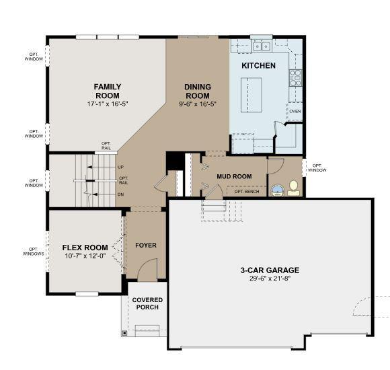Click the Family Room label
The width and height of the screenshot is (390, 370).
coord(108,91)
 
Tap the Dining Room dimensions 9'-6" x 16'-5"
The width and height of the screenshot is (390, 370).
coord(198,104)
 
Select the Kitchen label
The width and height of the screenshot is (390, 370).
coord(258,65)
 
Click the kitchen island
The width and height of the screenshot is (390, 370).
coord(251,95)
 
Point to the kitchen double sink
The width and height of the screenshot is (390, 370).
coord(262,46)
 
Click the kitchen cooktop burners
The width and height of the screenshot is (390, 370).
coord(295,78)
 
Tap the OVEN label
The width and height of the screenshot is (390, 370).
coord(295,111)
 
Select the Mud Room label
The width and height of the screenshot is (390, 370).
coord(234,176)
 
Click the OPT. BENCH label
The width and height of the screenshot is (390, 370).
coord(247,191)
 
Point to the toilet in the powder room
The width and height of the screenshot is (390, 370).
coord(294,188)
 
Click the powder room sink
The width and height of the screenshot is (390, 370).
coord(277,190)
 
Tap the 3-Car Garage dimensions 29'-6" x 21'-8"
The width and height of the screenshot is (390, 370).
coord(270,279)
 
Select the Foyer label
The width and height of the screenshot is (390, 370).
coord(146,246)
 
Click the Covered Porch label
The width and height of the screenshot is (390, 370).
coord(147,303)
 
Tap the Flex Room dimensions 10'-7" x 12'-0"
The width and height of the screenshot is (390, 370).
coord(85,256)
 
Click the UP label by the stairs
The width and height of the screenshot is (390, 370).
coord(120,168)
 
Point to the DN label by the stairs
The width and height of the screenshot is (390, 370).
coord(120,194)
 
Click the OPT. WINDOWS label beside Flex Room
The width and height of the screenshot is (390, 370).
coord(34,252)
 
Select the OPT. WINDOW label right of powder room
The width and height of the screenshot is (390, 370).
coord(317,168)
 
